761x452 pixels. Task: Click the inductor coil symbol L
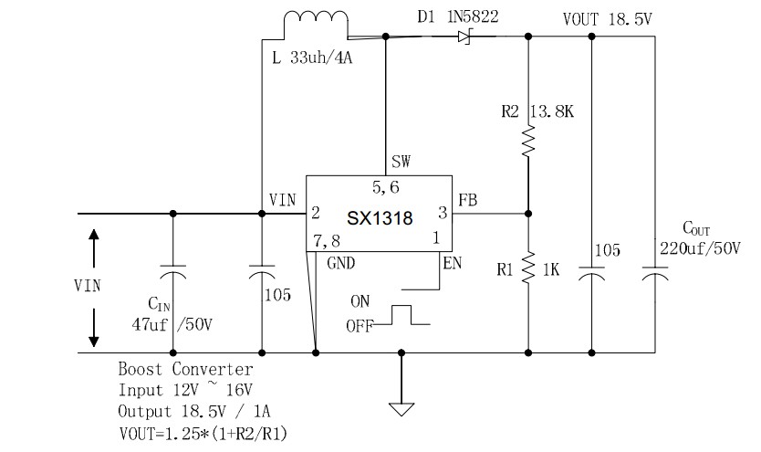[x=316, y=24]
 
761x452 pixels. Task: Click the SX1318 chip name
[x=380, y=218]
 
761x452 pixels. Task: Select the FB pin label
[x=467, y=197]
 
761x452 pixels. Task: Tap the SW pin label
[x=400, y=161]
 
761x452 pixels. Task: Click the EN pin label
[x=452, y=265]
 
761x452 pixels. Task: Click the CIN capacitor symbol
[x=172, y=275]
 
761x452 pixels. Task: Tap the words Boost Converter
[x=186, y=370]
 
